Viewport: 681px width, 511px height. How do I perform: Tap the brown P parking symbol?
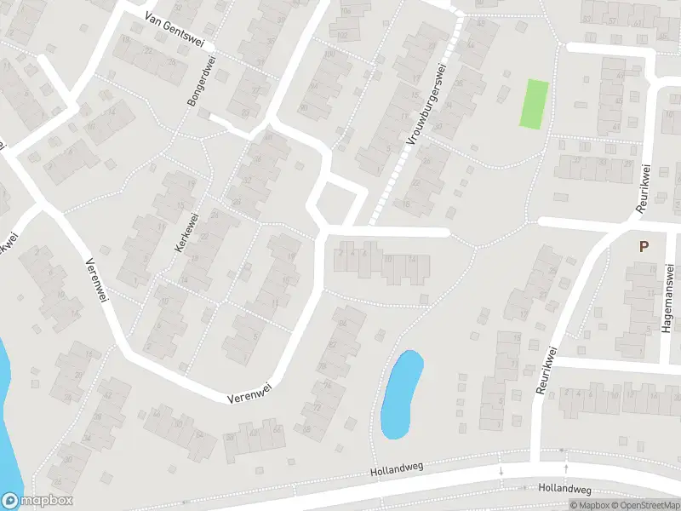644,247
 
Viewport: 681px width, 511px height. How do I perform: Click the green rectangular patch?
533,104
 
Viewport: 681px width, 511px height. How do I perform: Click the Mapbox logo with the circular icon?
37,501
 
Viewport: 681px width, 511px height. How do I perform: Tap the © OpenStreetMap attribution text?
644,505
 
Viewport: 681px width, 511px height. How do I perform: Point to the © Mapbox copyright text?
588,505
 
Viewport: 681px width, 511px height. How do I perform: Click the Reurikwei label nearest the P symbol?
642,188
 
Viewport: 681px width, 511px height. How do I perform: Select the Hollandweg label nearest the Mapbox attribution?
565,489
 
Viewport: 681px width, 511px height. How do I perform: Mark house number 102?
342,35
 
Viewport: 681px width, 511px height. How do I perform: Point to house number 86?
344,324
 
